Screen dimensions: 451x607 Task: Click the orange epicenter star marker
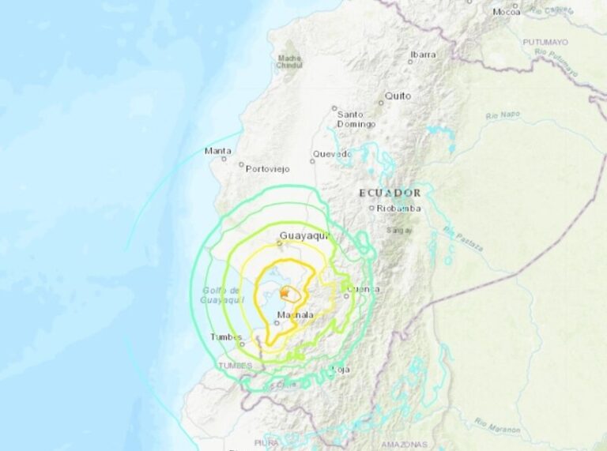click(x=284, y=291)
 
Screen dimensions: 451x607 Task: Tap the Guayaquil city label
click(x=303, y=235)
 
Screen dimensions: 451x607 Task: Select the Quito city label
click(x=398, y=96)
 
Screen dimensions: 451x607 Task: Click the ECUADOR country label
click(x=390, y=193)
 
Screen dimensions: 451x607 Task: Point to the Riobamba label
click(x=398, y=209)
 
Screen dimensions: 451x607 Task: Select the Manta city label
click(x=218, y=151)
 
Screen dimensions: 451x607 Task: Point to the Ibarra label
click(x=423, y=54)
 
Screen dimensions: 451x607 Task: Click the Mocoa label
click(x=506, y=12)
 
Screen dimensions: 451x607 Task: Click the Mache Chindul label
click(x=288, y=62)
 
